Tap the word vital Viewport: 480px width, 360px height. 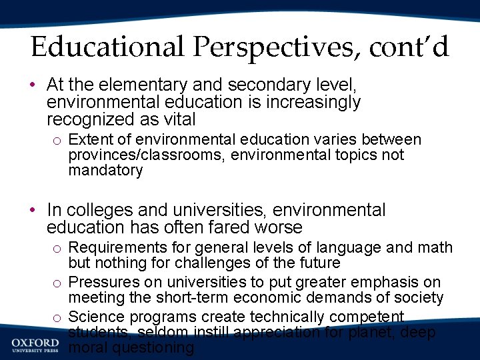point(179,120)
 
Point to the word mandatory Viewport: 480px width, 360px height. point(105,171)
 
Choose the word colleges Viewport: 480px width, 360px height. point(99,211)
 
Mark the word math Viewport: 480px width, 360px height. point(436,248)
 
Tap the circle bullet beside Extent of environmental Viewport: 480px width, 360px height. point(57,141)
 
